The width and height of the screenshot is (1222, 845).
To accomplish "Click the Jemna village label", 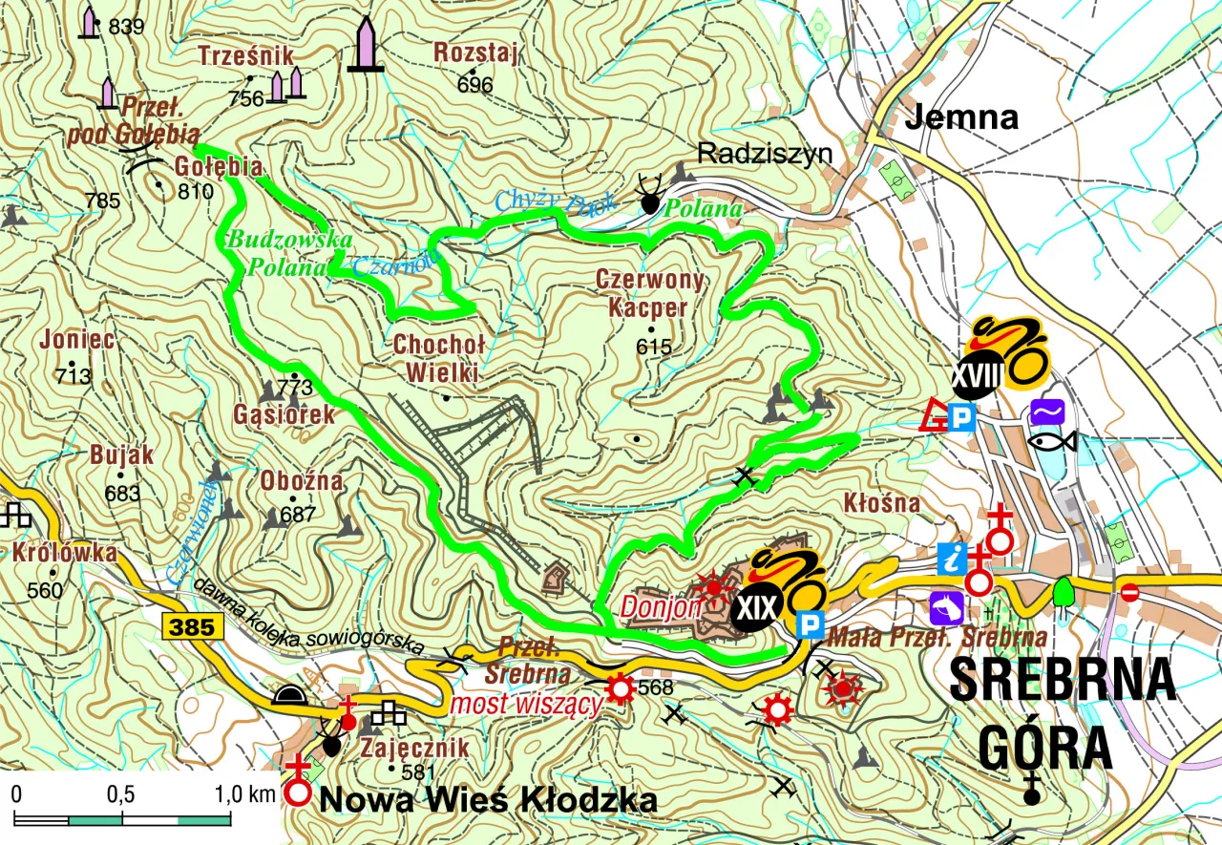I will pos(960,117).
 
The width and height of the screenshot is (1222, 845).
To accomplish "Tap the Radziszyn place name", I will pos(765,153).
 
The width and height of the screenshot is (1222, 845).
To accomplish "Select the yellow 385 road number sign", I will pos(193,627).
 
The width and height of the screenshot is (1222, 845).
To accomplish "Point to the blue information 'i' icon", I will pos(952,559).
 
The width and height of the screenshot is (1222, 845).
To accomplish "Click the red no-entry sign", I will pos(1129,593).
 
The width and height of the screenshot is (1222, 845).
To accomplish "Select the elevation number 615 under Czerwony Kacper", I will pos(654,348).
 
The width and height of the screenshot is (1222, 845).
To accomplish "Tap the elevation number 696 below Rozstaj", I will pos(474,85).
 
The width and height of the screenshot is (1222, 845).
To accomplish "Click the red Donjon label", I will pos(662,606).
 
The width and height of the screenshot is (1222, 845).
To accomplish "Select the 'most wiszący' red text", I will pos(526,705).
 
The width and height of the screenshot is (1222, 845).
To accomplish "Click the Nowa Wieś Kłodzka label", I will pos(488,800).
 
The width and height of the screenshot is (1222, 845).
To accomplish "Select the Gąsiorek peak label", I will pos(284,414).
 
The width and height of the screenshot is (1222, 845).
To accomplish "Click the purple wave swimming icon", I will pos(1048,412).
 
